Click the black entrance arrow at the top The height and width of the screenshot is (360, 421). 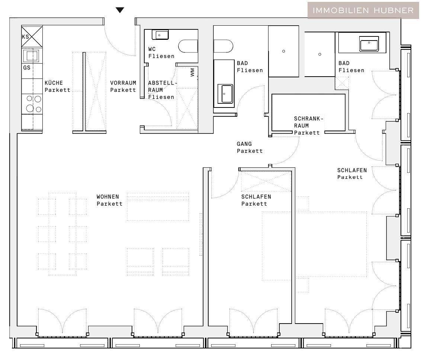tap(120, 10)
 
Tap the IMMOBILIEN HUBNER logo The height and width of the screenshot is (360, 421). tap(363, 10)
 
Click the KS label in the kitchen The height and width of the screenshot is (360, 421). tap(26, 37)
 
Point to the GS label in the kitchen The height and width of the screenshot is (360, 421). tap(26, 68)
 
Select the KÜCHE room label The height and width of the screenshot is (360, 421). tap(54, 83)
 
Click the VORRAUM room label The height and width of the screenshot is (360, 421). tap(123, 83)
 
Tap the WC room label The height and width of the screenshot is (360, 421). tap(152, 49)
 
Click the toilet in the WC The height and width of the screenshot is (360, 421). tap(188, 46)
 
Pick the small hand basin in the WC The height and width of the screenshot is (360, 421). tap(160, 35)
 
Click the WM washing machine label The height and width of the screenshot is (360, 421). tap(192, 73)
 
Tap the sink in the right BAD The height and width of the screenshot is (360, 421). tap(369, 44)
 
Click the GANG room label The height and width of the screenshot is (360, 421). tap(244, 144)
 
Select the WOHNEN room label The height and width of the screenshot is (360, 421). tap(107, 197)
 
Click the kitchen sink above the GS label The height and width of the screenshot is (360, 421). tap(32, 56)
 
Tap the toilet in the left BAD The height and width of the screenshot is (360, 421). tap(223, 46)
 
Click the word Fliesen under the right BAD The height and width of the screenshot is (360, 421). tap(351, 70)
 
